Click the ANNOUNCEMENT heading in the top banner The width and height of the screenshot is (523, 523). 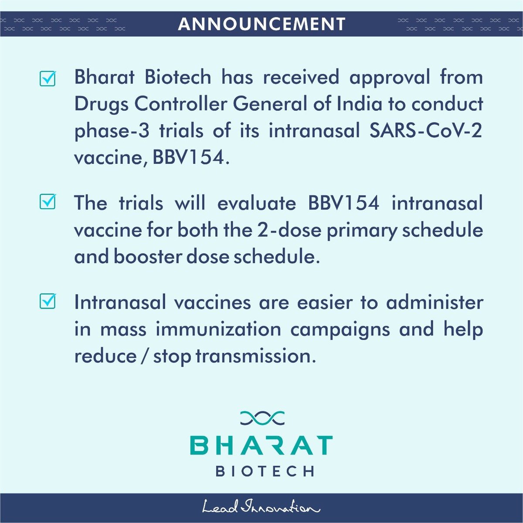point(261,24)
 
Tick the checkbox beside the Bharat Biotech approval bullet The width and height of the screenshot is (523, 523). point(48,78)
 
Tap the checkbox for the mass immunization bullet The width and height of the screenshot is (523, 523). point(48,301)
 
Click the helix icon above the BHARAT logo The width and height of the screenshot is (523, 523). point(262,418)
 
